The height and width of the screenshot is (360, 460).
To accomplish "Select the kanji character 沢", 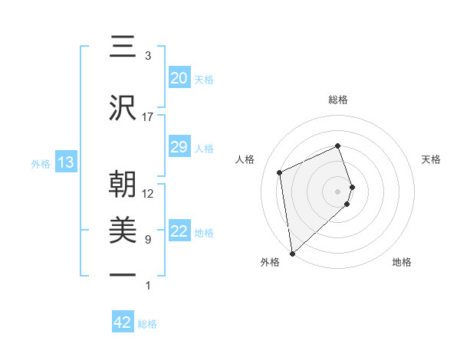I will click(123, 109).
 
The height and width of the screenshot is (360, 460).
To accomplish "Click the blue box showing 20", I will click(179, 78).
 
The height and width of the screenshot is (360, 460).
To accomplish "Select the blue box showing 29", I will click(179, 147).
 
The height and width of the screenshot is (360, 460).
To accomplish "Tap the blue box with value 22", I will click(179, 231).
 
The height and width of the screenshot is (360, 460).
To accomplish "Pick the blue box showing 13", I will click(65, 162).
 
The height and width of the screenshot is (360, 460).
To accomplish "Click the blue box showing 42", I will click(123, 322).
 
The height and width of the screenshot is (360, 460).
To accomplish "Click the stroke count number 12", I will click(148, 194).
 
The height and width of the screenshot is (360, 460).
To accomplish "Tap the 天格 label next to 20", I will click(204, 79).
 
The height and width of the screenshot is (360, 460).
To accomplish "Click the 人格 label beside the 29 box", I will click(204, 148).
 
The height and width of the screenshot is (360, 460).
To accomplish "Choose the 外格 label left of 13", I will click(41, 163).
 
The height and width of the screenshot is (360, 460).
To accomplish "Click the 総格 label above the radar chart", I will click(338, 100).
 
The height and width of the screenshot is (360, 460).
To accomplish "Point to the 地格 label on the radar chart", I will click(402, 262).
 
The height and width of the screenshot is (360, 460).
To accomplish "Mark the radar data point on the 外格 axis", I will click(291, 253).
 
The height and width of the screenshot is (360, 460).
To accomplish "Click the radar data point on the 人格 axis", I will click(280, 172).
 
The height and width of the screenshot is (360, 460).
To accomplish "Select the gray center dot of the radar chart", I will click(338, 191).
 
